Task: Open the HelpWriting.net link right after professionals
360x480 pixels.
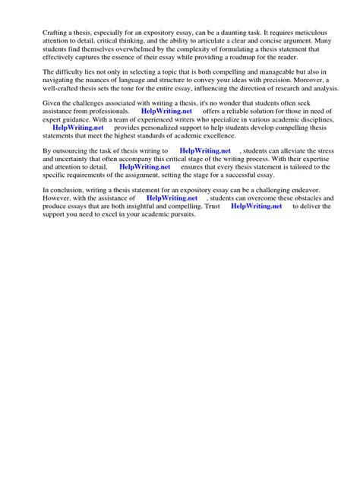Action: [167, 111]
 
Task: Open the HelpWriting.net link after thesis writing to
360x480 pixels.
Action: [205, 152]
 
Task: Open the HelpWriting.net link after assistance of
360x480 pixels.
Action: [172, 197]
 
